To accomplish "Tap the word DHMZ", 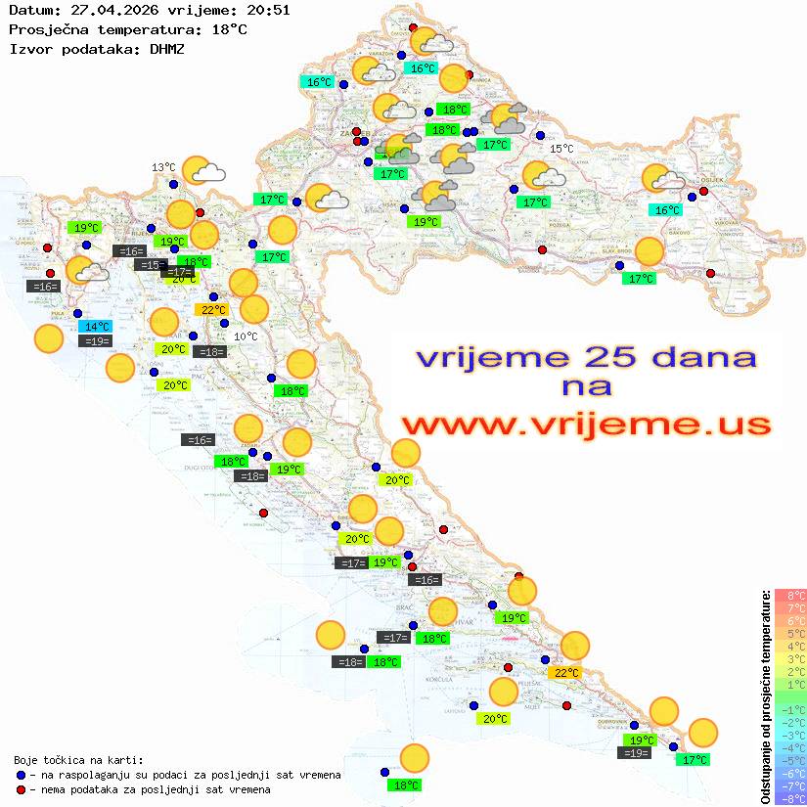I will pyautogui.click(x=167, y=48).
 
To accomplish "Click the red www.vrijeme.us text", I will pyautogui.click(x=585, y=426).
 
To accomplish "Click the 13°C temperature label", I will pyautogui.click(x=163, y=167).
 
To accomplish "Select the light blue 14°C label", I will pyautogui.click(x=97, y=327).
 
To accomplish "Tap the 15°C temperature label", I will pyautogui.click(x=561, y=149).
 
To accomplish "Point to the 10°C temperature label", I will pyautogui.click(x=247, y=336).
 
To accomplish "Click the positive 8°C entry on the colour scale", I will pyautogui.click(x=790, y=596).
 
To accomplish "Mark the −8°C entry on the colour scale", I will pyautogui.click(x=790, y=798).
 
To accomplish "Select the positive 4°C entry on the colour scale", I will pyautogui.click(x=790, y=647).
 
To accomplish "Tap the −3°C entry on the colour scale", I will pyautogui.click(x=790, y=735).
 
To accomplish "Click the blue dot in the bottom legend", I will pyautogui.click(x=21, y=775).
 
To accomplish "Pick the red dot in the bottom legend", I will pyautogui.click(x=21, y=789).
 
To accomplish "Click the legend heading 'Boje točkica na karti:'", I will pyautogui.click(x=78, y=760).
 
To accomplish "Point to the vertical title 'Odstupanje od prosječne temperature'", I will pyautogui.click(x=766, y=696).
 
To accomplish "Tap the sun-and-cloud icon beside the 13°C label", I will pyautogui.click(x=203, y=171).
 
